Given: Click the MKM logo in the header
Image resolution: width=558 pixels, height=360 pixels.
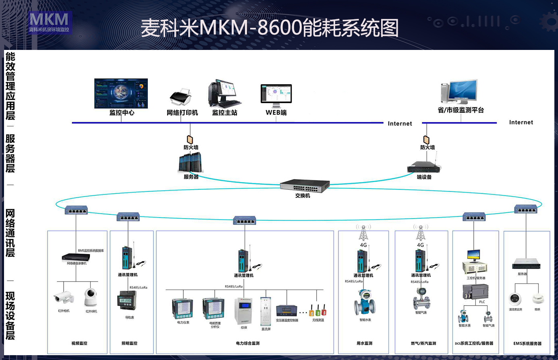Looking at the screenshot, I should click(x=49, y=22).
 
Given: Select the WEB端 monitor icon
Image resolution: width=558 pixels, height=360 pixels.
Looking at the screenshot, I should click(x=276, y=94).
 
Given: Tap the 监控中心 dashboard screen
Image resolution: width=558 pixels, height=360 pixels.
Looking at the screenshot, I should click(x=121, y=93).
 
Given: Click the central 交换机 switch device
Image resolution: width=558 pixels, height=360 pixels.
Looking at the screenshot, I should click(x=305, y=185).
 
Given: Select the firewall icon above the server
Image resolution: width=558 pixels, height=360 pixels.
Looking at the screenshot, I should click(x=190, y=139).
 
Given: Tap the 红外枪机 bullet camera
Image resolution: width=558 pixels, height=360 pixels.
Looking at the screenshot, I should click(x=64, y=298).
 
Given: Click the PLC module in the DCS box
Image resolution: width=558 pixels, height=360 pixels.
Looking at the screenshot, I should click(x=475, y=292).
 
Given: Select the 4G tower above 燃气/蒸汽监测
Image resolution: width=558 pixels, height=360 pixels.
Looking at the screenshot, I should click(x=421, y=233).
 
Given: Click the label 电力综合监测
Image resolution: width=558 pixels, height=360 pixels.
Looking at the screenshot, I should click(x=247, y=343).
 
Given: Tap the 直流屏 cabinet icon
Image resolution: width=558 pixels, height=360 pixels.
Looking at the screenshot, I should click(x=266, y=311).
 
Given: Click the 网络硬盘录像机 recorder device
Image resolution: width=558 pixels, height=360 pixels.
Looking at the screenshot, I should click(x=76, y=257).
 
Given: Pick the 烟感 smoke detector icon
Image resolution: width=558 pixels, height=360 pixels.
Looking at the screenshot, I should click(x=537, y=299).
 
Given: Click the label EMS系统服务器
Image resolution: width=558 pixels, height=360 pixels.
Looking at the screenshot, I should click(x=527, y=343).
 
